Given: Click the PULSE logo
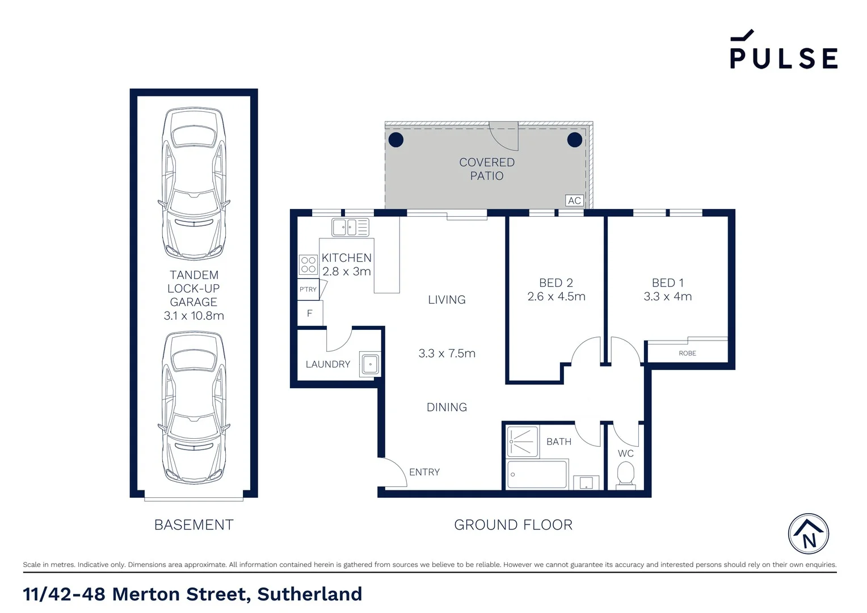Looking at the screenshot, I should [783, 51].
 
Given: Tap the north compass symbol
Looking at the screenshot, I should [808, 534].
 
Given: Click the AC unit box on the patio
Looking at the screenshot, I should [574, 200].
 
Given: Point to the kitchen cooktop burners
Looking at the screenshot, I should [308, 264].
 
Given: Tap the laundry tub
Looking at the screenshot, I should [370, 364].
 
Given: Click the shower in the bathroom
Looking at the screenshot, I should [522, 442].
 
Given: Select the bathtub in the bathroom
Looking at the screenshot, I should [536, 475].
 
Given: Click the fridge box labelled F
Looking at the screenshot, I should [310, 313].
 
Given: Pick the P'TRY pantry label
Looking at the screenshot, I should [308, 289].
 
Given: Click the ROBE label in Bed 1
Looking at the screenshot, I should [687, 353].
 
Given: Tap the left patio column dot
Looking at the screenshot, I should [395, 140].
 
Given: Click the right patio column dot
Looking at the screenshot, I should [575, 140].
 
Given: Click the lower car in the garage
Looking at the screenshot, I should [194, 408].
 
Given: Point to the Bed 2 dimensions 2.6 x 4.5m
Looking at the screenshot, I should [556, 296].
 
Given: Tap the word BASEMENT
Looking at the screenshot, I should [194, 525].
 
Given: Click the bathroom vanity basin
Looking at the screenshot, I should [586, 482].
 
